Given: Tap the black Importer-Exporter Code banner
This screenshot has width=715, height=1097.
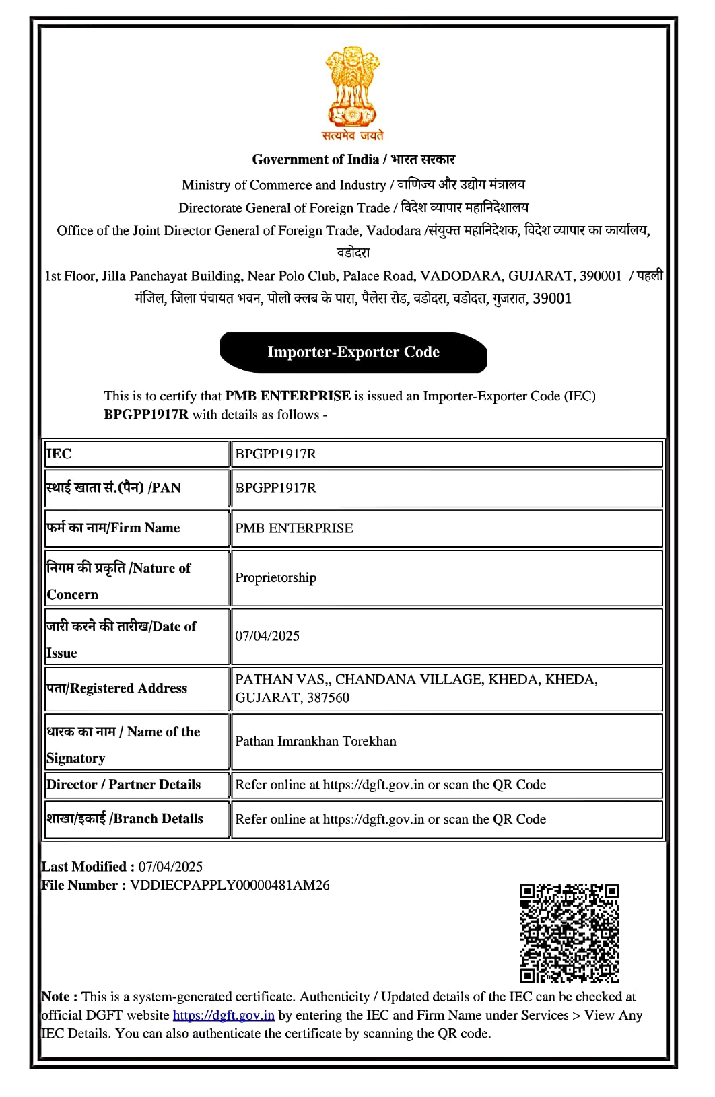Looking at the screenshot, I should coord(353,352).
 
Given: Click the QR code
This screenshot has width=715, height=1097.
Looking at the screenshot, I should coord(569,933).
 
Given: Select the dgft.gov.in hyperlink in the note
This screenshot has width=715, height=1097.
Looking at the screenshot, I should coord(224,1015).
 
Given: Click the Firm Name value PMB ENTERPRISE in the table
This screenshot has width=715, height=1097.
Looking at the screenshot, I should coord(294,528).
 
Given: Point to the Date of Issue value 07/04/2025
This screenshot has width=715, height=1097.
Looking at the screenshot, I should coord(267,636).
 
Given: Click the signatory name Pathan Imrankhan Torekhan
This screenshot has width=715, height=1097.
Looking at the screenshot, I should coord(316,741).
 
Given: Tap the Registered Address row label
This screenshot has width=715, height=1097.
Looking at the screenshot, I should coord(116,688).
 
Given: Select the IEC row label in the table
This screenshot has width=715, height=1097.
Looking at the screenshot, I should coord(59,454).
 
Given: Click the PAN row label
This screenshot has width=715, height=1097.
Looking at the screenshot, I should coord(113,488).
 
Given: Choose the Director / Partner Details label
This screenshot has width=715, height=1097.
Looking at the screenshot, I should coord(124,785).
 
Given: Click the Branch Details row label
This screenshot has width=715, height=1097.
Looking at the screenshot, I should coord(125,819).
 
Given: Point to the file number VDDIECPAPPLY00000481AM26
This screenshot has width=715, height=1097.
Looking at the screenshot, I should coord(230,885).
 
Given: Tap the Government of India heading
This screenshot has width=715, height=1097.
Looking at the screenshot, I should coord(316,160).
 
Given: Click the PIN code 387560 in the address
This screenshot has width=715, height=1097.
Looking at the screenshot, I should coord(328,698).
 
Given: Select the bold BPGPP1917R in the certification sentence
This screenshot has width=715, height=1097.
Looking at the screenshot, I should coord(146,415).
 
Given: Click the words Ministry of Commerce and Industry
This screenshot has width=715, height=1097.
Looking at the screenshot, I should coord(283,185).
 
